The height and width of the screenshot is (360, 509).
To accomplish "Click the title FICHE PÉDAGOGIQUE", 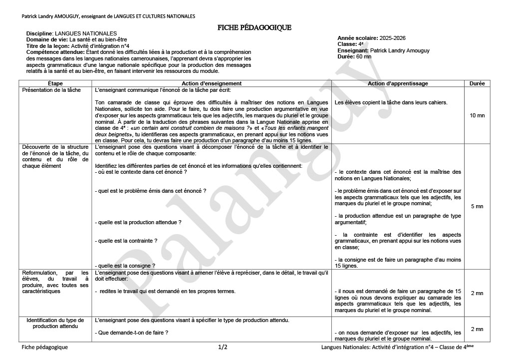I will (254, 27).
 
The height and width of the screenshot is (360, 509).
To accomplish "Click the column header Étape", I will (55, 83).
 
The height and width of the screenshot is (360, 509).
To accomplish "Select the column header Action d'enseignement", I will (212, 83).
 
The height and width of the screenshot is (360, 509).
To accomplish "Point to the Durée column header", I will (477, 83).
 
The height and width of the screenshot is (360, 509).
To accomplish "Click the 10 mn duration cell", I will (477, 115).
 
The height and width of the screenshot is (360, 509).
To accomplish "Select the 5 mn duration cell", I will (477, 206).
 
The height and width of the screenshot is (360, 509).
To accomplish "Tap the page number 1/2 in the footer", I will (223, 347).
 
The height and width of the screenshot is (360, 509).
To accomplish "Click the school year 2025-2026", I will (392, 38).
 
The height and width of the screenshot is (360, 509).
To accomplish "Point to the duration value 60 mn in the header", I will (364, 56).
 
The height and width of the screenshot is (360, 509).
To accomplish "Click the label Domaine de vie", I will (46, 39).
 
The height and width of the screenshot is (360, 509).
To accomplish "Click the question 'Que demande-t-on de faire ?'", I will (131, 333).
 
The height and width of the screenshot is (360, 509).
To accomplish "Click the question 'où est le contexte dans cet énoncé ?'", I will (141, 172).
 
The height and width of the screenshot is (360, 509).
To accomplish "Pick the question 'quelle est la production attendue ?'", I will (138, 222).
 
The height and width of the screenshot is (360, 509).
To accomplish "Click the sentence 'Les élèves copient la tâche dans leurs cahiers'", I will (391, 103).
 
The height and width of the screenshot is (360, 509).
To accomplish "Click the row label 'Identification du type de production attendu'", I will (55, 323).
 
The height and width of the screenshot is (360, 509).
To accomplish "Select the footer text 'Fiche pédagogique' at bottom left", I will (45, 347).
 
